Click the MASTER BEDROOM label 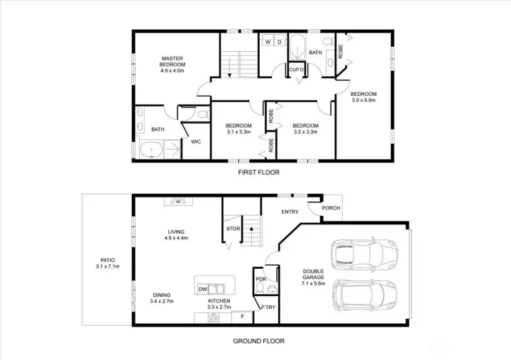point(172,62)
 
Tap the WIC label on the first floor point(196,141)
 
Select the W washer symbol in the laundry point(268,42)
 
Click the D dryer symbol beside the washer point(280,42)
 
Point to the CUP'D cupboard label point(297,70)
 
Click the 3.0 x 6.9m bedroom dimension point(363,100)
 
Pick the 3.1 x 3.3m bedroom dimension point(238,132)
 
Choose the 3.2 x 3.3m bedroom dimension point(306,132)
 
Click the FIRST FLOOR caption point(259,172)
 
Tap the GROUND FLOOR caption point(259,341)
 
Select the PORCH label point(331,208)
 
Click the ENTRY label point(290,212)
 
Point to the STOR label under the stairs point(233,229)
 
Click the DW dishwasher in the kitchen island point(203,289)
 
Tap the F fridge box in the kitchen point(242,317)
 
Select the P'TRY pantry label point(268,307)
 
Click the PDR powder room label point(261,280)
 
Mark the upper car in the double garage point(364,256)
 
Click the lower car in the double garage point(365,296)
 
